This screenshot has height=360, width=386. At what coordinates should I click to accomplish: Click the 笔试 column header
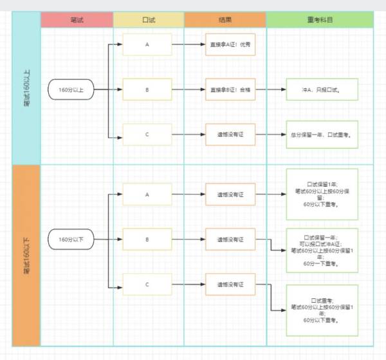[77, 20]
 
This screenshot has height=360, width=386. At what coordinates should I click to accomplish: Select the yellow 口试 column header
[148, 20]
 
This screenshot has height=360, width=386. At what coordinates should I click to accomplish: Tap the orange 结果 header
[225, 20]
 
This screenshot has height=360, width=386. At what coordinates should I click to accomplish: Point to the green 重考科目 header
[320, 20]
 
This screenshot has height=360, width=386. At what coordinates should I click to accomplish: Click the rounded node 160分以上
[71, 90]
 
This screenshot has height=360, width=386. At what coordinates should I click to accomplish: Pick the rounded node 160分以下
[71, 240]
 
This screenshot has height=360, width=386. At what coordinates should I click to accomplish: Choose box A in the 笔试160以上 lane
[147, 44]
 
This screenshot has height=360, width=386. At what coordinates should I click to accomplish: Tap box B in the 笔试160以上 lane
[147, 90]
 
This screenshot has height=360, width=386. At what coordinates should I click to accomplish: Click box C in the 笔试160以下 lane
[147, 284]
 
